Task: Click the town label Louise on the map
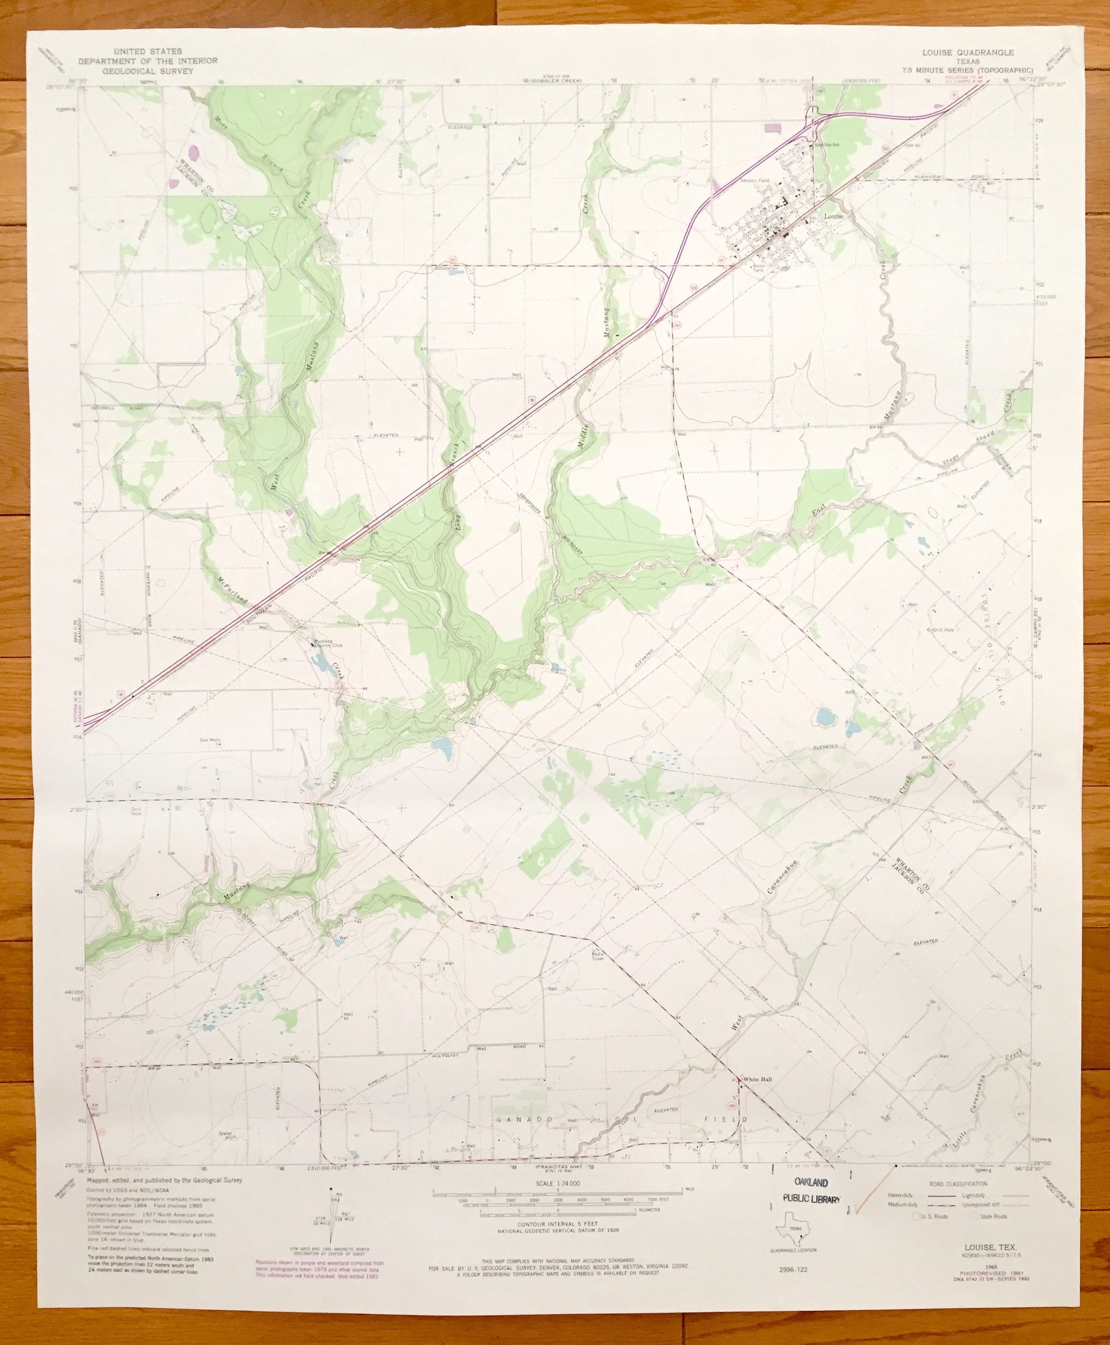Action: point(834,216)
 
